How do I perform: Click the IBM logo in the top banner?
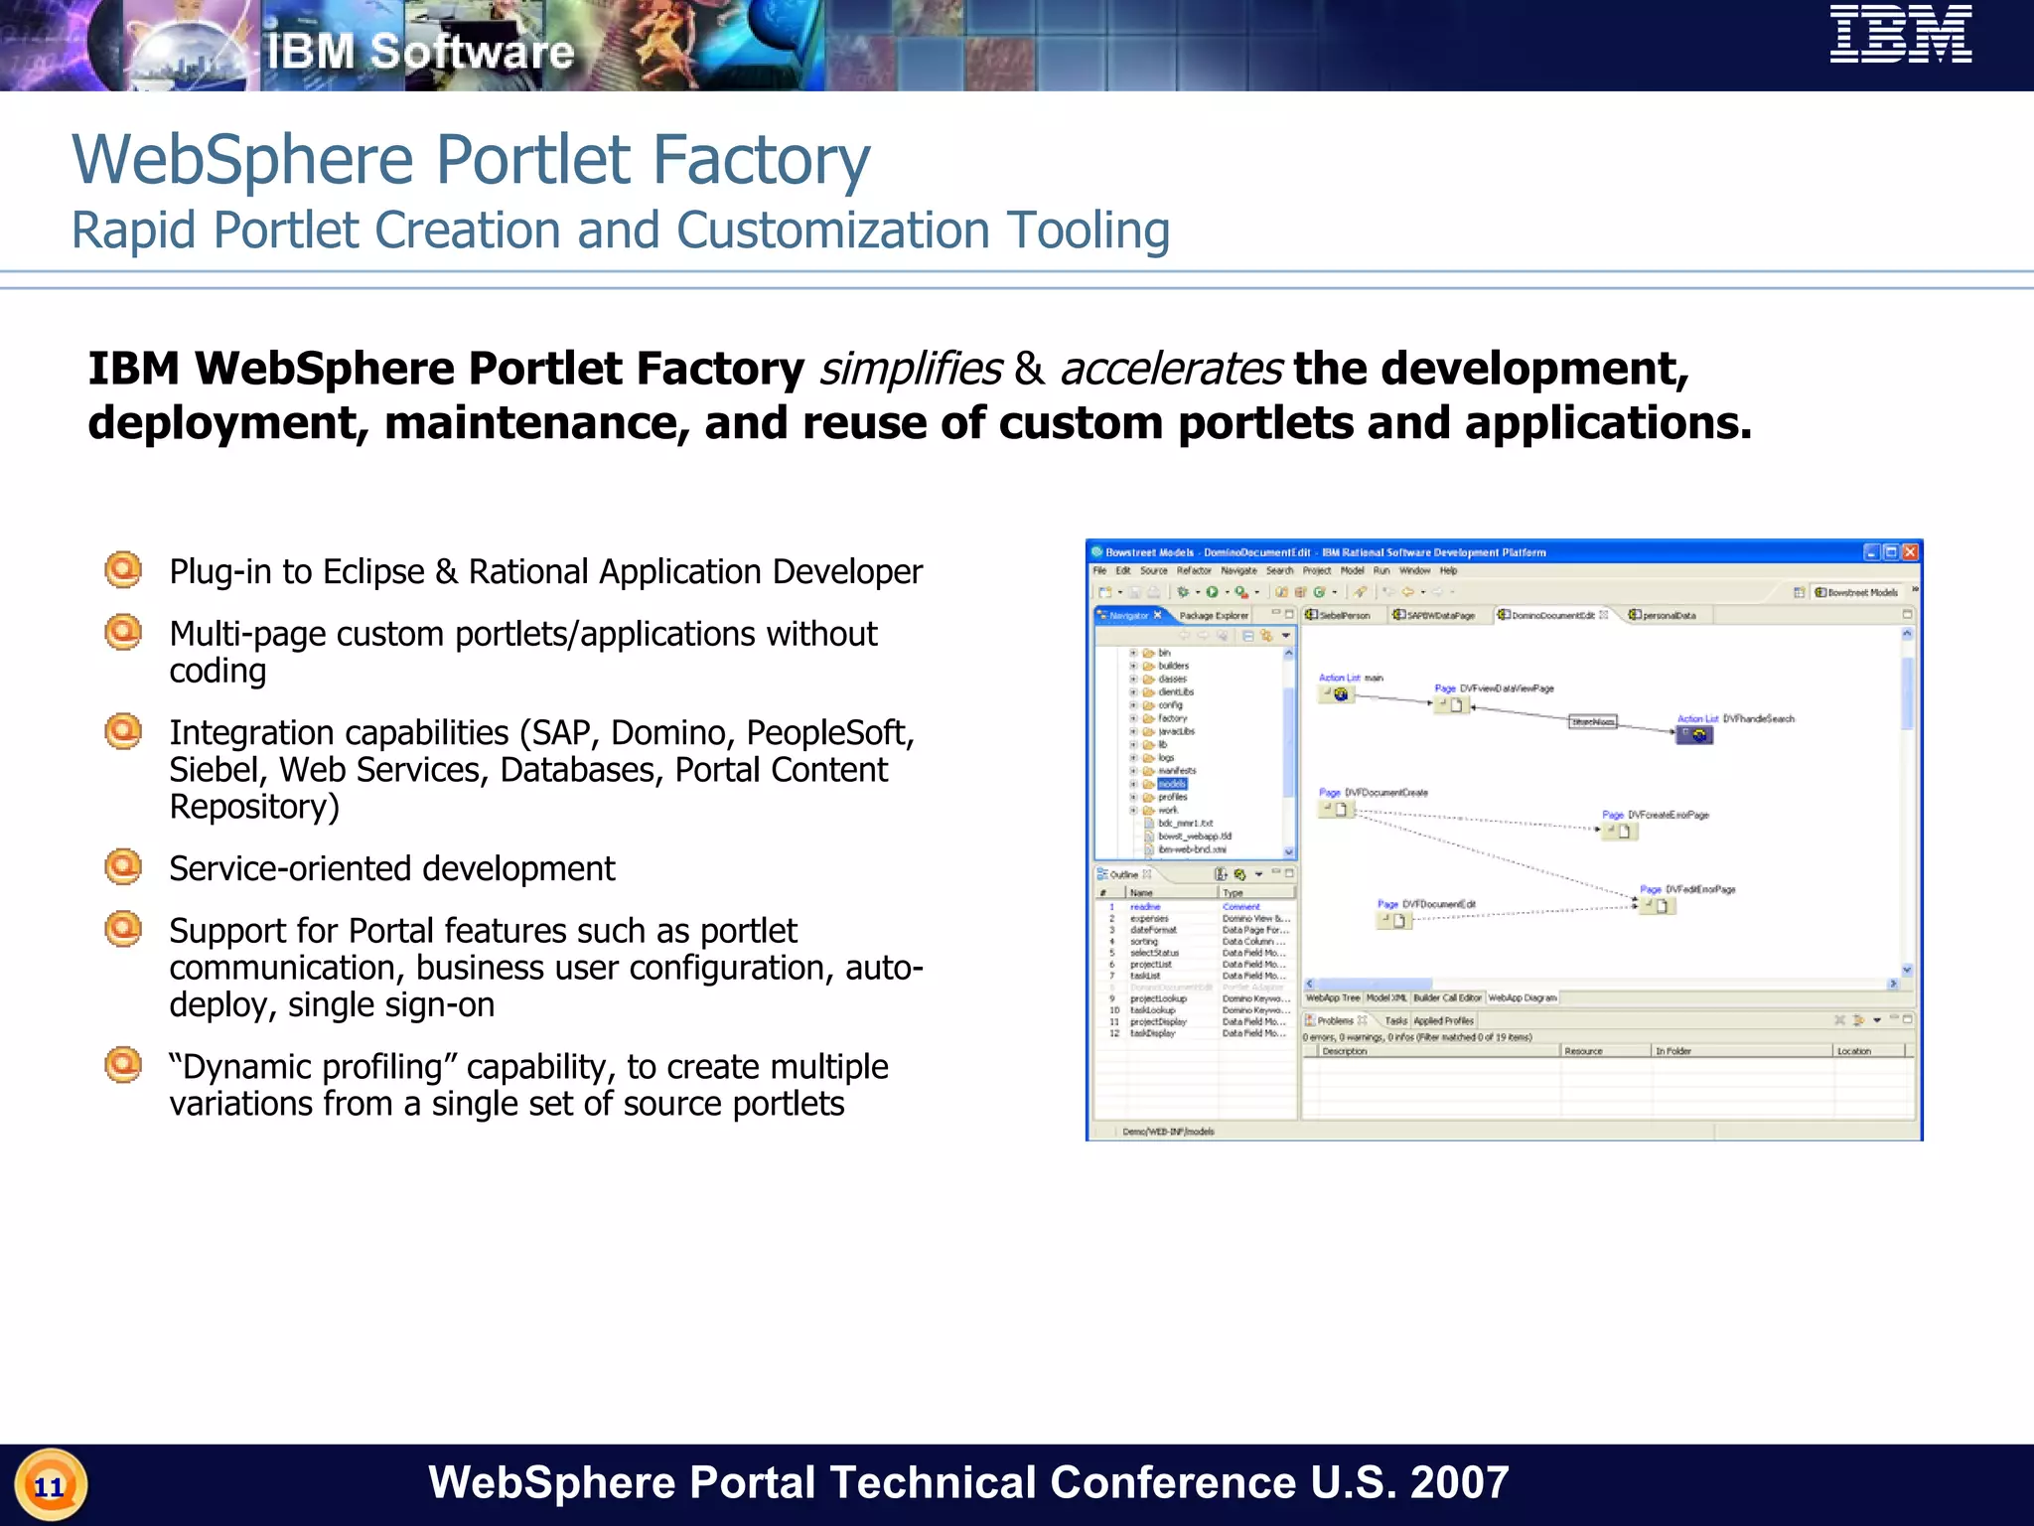coord(1901,35)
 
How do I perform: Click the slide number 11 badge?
coord(50,1486)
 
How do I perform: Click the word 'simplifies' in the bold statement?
coord(910,370)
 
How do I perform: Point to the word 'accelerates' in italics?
coord(1171,370)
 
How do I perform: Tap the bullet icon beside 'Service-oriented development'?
coord(123,867)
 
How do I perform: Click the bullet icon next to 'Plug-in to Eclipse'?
coord(123,570)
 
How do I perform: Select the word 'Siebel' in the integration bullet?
coord(214,770)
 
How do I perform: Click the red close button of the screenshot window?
coord(1909,552)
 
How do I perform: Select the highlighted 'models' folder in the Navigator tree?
coord(1172,784)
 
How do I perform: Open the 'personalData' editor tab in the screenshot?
coord(1668,616)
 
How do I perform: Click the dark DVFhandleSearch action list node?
coord(1694,735)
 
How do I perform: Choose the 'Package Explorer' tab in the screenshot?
coord(1214,616)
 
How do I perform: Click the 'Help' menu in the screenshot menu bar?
coord(1448,571)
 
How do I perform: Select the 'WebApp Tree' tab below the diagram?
coord(1332,997)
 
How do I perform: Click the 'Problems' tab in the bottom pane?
coord(1335,1020)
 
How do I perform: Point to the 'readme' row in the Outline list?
coord(1145,907)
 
